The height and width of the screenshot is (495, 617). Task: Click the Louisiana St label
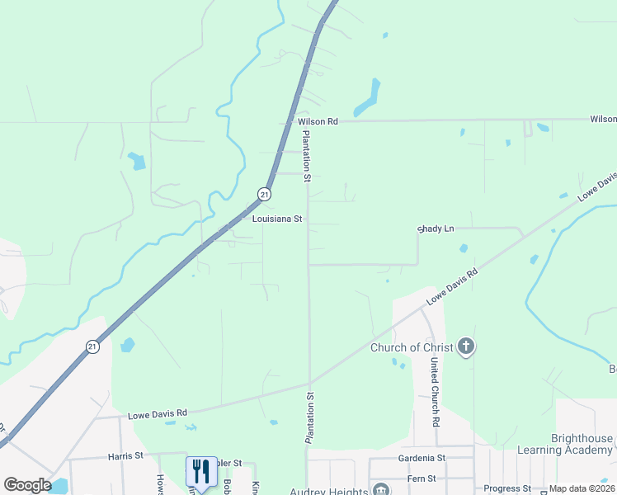click(x=278, y=219)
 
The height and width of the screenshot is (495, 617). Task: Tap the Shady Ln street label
click(x=436, y=229)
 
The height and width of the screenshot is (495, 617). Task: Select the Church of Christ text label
click(x=412, y=347)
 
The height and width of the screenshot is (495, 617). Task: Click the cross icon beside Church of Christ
click(x=466, y=346)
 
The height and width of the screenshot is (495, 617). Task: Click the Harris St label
click(x=125, y=455)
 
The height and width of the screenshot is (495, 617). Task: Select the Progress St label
click(x=507, y=488)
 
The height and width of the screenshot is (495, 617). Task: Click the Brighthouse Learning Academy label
click(x=565, y=444)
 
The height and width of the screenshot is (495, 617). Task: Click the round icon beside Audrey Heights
click(x=380, y=490)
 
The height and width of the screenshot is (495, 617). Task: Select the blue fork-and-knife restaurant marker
click(x=200, y=472)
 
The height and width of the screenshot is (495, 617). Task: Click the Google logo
click(x=27, y=484)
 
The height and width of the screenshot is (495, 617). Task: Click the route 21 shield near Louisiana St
click(x=263, y=194)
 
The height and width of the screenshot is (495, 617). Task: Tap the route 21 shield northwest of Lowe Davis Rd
click(x=92, y=347)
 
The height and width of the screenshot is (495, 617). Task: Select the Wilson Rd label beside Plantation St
click(x=318, y=121)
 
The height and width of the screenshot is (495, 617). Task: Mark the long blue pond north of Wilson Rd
click(x=367, y=98)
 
